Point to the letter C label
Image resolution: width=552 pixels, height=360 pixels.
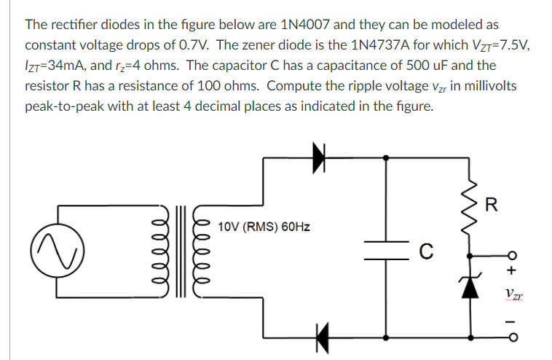427,253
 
